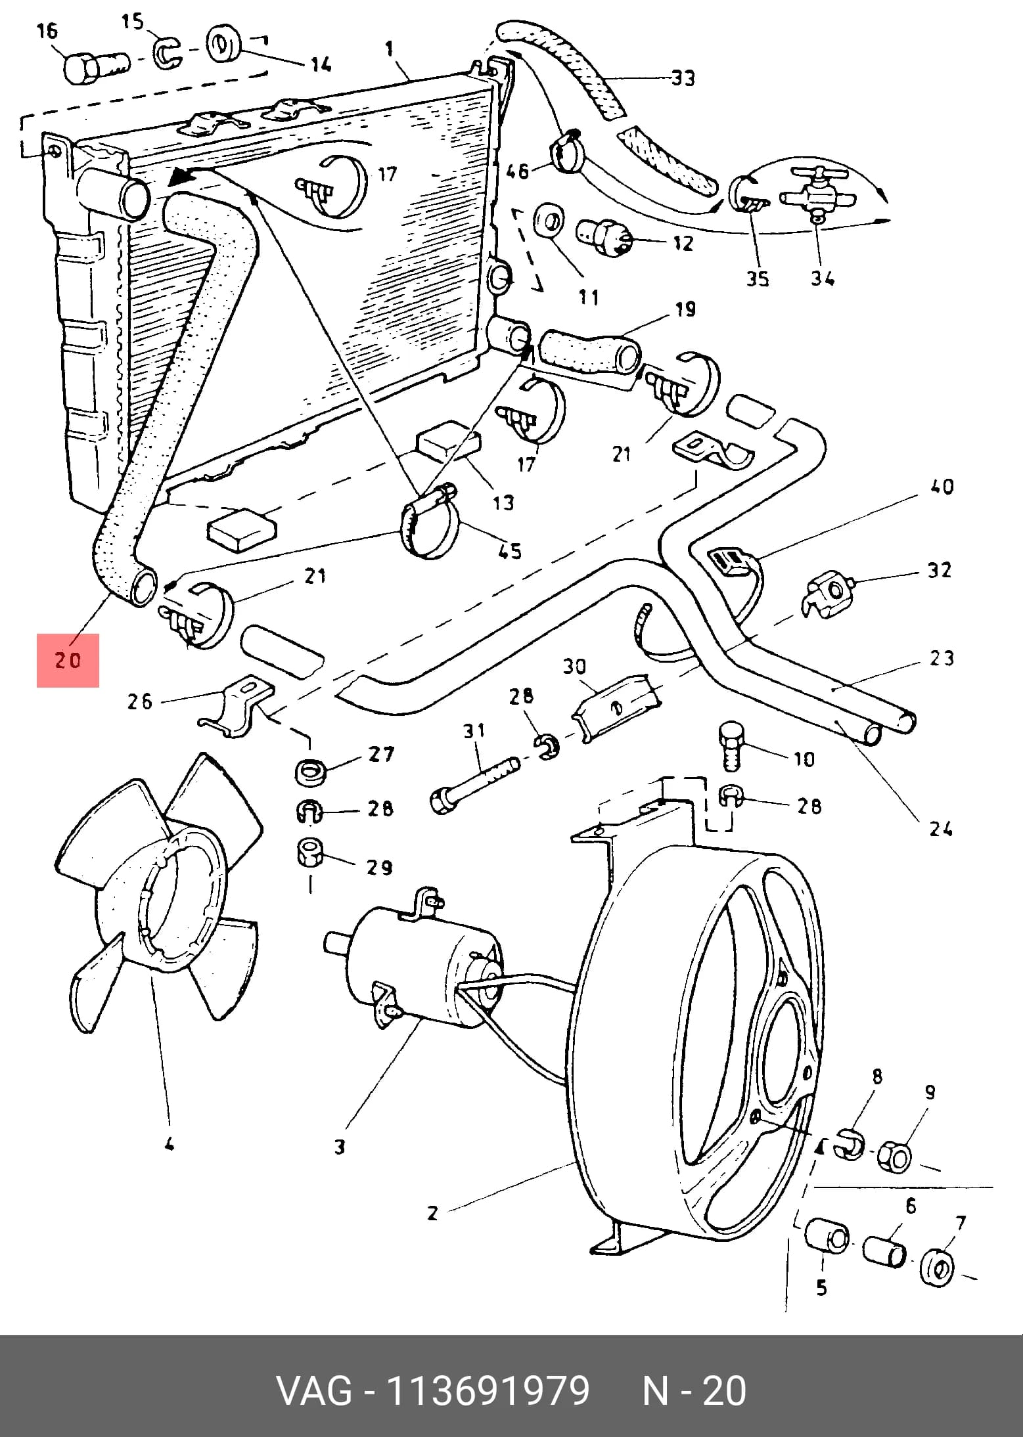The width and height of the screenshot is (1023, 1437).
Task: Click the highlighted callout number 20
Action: click(68, 659)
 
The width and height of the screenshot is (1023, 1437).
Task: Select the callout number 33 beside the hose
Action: click(683, 79)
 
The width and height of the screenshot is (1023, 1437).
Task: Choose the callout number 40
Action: click(942, 487)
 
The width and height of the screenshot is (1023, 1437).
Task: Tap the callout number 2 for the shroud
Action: click(432, 1212)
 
